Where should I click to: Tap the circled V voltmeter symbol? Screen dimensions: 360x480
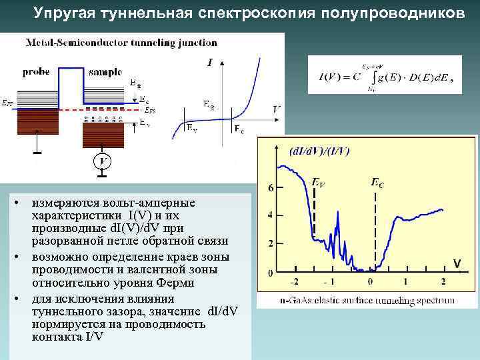pos(101,161)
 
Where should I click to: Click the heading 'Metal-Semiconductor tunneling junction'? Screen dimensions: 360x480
pos(121,43)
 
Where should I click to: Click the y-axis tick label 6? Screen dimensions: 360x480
pos(270,189)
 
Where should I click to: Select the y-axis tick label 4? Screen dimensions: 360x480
pos(270,215)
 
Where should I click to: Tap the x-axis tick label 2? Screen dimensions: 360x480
pos(443,281)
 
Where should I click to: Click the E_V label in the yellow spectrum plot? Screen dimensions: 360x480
pos(319,181)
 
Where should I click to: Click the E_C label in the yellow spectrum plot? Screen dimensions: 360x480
pos(377,181)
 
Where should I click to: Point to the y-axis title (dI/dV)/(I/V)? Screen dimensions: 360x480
pos(319,151)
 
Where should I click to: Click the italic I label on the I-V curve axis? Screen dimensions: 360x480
pos(210,63)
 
